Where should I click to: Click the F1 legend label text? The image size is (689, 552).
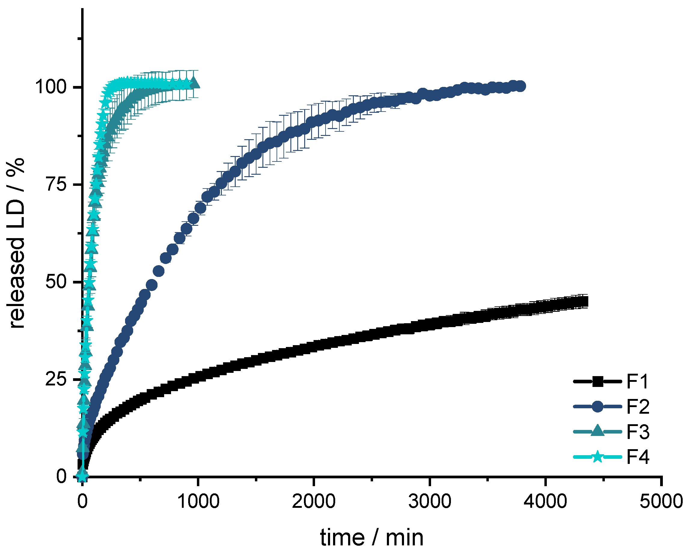click(x=637, y=382)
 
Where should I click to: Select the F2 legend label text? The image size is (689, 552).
click(x=638, y=407)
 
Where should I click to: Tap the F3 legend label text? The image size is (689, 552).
click(x=638, y=432)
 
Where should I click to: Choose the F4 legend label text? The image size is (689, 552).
click(x=638, y=457)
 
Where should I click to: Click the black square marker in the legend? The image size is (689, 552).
click(x=597, y=382)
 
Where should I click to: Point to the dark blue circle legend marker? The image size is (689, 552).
click(x=597, y=407)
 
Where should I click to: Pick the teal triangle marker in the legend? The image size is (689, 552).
click(x=597, y=431)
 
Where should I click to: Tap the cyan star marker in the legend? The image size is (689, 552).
click(x=597, y=457)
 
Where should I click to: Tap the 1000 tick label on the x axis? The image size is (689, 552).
click(x=198, y=501)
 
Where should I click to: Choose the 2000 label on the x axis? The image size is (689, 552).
click(x=314, y=501)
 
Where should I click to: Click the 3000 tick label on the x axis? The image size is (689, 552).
click(x=430, y=501)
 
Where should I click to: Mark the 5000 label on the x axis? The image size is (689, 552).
click(x=661, y=501)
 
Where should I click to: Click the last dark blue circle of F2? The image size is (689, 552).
click(x=521, y=86)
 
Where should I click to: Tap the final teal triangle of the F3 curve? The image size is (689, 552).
click(x=194, y=84)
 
